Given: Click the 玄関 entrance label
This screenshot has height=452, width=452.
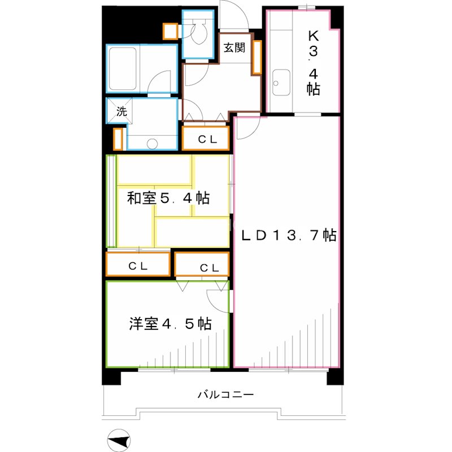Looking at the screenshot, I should [233, 48].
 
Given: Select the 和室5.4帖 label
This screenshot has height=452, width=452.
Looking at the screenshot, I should [168, 198].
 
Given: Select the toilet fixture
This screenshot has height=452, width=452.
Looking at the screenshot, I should [199, 33].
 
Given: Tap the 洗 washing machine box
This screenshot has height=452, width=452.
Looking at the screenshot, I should [121, 111].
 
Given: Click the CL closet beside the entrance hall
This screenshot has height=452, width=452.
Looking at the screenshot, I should [206, 138].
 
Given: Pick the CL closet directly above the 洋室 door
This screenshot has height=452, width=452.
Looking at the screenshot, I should [202, 266].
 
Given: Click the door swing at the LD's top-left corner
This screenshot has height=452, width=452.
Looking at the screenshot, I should [247, 128].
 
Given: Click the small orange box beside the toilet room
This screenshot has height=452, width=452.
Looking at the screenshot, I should [169, 31].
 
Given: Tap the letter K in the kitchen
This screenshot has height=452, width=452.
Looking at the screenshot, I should [312, 35].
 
